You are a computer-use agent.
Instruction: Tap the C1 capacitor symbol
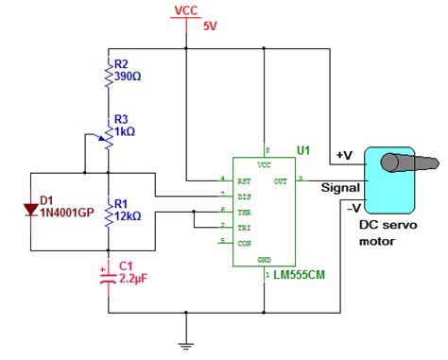109,275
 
